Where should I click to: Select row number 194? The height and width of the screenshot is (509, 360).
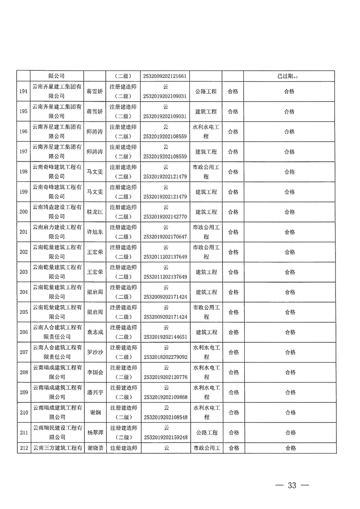(23, 91)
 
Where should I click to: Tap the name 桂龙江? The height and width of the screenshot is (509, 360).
(95, 212)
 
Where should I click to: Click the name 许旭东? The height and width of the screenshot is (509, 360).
(95, 232)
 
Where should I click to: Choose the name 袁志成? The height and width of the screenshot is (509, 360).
(95, 332)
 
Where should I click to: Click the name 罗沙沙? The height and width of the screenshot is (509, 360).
(95, 352)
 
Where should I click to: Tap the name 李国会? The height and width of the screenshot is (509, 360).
(95, 372)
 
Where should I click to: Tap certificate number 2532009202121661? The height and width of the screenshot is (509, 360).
(166, 76)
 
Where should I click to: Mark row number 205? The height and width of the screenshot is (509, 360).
(23, 312)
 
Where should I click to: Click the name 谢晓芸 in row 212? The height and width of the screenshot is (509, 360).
(95, 448)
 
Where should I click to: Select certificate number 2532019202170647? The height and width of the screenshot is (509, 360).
(166, 237)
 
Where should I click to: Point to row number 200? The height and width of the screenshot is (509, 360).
(23, 212)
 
